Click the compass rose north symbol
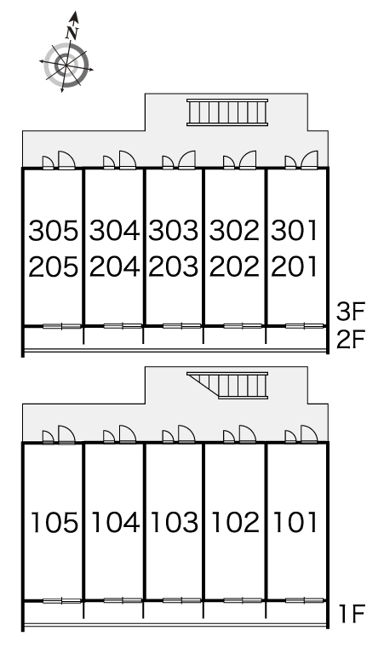coord(66,53)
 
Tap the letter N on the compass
coord(72,32)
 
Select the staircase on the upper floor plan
coord(227,112)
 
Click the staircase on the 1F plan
coord(227,385)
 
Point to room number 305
coord(54,231)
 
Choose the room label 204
coord(114,266)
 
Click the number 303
coord(173,231)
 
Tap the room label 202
coord(234,266)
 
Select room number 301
coord(294,231)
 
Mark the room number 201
coord(294,266)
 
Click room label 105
coord(54,523)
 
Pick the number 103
coord(174,523)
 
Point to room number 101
coord(295,523)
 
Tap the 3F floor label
coord(352,312)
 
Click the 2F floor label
coord(352,339)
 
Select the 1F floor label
coord(352,613)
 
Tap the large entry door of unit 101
coord(309,434)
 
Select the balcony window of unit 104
coord(123,600)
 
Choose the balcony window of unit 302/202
coord(243,326)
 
